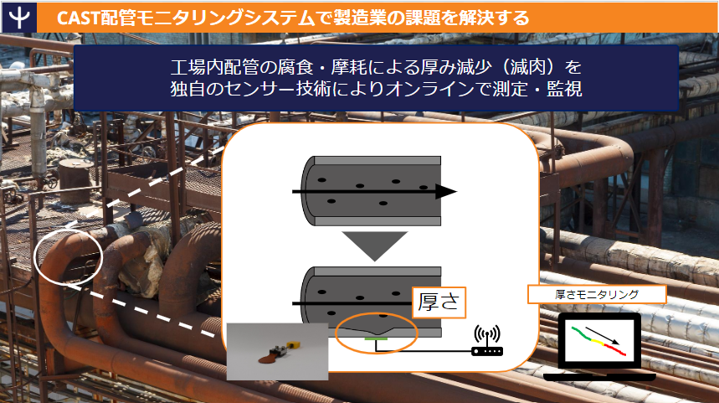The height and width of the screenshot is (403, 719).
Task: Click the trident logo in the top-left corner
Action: [16, 17]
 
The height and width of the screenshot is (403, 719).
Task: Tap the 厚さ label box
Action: [439, 302]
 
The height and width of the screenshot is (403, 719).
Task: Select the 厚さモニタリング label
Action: [597, 294]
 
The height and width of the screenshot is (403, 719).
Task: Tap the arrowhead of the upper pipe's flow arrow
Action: [445, 192]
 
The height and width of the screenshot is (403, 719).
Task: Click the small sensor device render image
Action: [277, 352]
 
